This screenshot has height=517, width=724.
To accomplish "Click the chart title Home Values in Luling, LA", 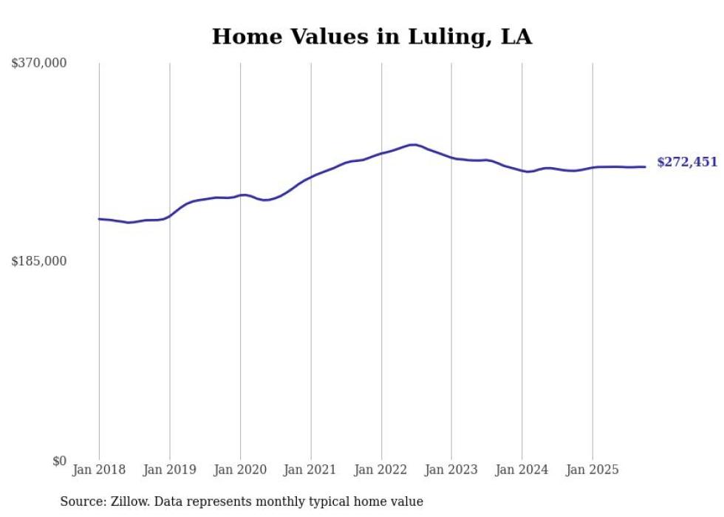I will (x=372, y=37).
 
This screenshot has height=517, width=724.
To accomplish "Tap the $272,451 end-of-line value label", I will (x=687, y=162).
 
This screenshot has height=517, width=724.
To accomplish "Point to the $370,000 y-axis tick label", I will (x=39, y=64).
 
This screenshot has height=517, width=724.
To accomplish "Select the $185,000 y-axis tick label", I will (x=39, y=261).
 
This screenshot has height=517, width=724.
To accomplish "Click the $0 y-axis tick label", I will (x=59, y=461).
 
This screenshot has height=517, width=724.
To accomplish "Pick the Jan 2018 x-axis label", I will (x=99, y=470).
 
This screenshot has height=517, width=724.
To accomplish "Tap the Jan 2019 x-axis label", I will (x=169, y=470).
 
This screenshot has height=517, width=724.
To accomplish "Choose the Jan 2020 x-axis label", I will (x=240, y=470).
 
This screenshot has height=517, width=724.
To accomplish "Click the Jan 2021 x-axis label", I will (x=310, y=470).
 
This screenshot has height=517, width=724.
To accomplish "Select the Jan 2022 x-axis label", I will (x=381, y=470).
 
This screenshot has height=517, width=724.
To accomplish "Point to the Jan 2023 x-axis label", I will (x=451, y=470).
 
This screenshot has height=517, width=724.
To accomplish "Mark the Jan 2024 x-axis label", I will (x=522, y=470).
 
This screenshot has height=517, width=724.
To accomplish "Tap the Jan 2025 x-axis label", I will (x=592, y=470).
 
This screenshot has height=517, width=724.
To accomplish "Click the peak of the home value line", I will (x=413, y=145).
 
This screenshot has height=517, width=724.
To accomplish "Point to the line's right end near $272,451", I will (x=645, y=166).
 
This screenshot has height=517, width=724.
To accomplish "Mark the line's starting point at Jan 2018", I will (x=99, y=219).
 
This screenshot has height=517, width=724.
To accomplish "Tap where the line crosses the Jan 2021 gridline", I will (x=311, y=177).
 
